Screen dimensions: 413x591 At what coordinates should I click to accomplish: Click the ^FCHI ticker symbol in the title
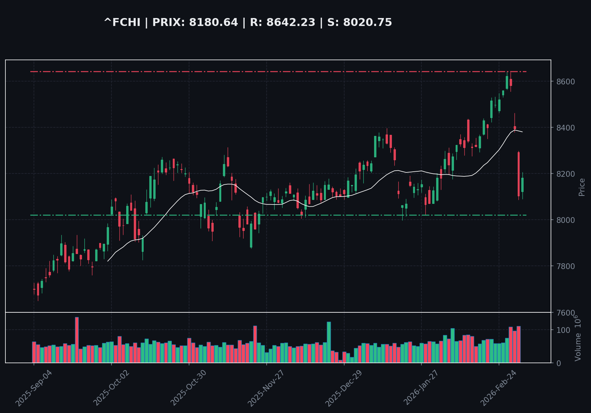coord(122,23)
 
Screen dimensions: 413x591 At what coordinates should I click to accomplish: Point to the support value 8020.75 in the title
coord(367,23)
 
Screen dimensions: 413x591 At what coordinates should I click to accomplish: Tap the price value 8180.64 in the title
coord(214,23)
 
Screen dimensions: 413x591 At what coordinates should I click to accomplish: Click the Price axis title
coord(582,187)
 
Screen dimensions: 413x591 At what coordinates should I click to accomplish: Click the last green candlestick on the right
coord(522,185)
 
